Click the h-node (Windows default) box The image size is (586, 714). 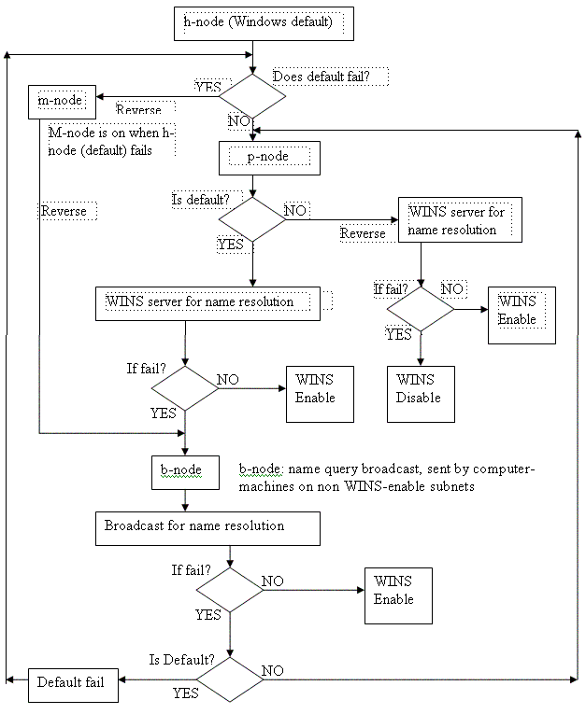pos(253,24)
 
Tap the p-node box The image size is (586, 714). pos(269,158)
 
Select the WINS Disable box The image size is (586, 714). pos(422,399)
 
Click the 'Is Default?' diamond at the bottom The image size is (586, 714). pos(228,680)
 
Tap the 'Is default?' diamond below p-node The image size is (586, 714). pos(251,219)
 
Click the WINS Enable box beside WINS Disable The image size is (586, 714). pos(522,315)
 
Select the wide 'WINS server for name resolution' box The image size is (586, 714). pos(209,302)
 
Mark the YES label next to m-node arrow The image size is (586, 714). pos(207,86)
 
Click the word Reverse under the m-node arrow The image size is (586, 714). pos(138,110)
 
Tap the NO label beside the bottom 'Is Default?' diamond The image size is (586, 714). pos(273,670)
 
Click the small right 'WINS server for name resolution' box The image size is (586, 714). pos(459,221)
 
